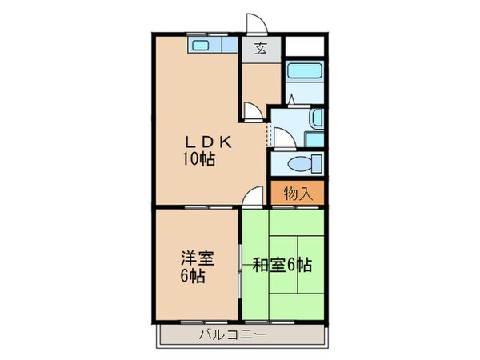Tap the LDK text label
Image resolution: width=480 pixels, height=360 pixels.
(204, 142)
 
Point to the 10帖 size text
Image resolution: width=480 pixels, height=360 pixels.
(198, 158)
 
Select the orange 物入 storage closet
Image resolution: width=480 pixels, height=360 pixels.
(297, 192)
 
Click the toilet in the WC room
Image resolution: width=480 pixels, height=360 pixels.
(303, 165)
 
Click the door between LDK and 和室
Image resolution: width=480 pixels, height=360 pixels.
(255, 196)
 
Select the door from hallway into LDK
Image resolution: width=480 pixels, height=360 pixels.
(252, 111)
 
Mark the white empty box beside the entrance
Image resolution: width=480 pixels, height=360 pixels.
(305, 46)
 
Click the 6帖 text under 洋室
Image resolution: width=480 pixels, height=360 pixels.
(191, 277)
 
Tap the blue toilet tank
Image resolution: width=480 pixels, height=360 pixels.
(318, 165)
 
